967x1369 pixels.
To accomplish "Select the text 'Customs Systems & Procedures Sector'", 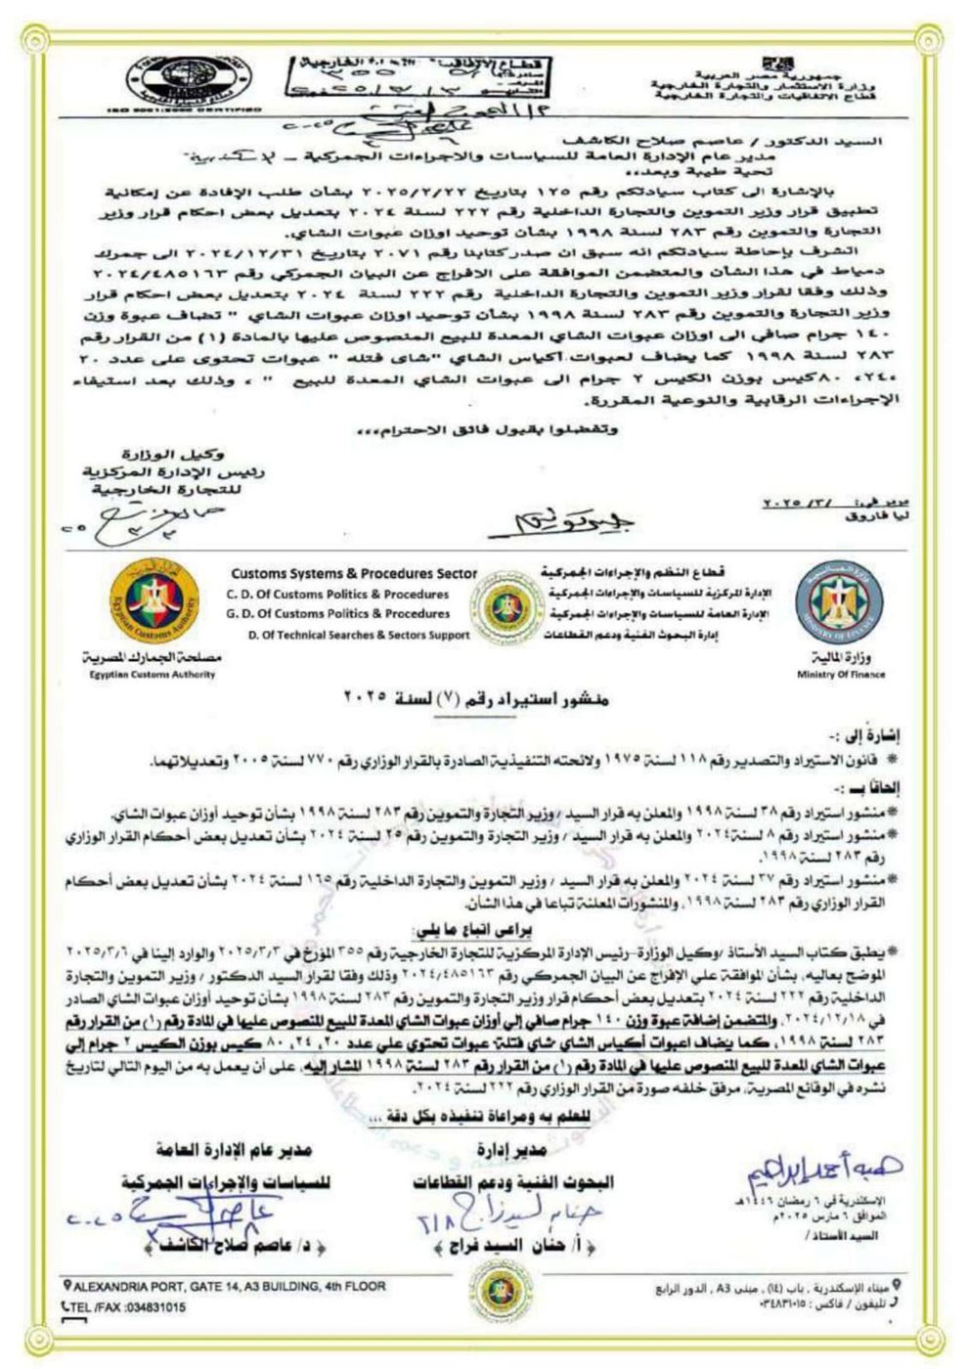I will [x=354, y=574].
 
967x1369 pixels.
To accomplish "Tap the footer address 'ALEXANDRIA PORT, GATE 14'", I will [x=227, y=1286].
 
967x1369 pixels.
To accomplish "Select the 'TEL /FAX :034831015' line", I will [x=127, y=1306].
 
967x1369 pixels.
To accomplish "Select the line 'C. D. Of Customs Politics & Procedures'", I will [x=338, y=594].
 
